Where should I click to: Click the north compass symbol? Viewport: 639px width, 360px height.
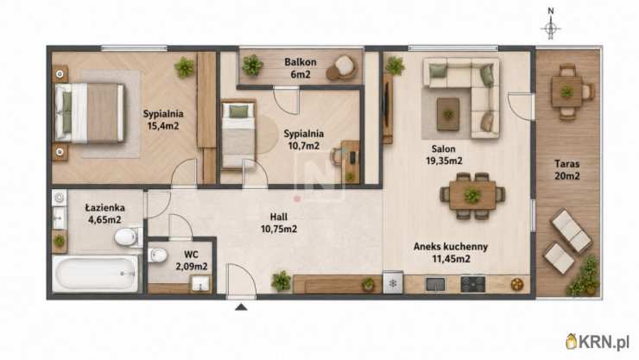pos(551,24)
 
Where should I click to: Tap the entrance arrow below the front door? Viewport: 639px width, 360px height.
pos(241,306)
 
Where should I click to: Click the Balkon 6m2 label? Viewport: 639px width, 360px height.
pos(301,68)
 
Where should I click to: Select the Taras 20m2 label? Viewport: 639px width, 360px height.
pos(566,170)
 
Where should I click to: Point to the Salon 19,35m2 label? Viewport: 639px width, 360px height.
pos(444,155)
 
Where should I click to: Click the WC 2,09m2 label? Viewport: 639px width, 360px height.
pos(191,261)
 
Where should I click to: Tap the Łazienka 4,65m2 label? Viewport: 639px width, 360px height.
pos(104,213)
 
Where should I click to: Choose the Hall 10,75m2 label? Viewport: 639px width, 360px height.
pos(279,223)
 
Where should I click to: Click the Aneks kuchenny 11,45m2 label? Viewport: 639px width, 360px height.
pos(451,252)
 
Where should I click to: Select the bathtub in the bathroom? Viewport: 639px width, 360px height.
pos(96,274)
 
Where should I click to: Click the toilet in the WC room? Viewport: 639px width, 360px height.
pos(158,256)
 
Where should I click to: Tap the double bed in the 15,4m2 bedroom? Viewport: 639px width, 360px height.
pos(89,113)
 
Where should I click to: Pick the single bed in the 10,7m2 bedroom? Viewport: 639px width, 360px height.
pos(239,136)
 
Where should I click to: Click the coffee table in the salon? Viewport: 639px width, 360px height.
pos(448,114)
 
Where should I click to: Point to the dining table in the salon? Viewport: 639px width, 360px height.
pos(472,196)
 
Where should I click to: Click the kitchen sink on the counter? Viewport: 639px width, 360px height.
pos(435,284)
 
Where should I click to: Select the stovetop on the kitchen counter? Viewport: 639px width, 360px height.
pos(472,284)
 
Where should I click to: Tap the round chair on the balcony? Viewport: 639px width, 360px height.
pos(342,68)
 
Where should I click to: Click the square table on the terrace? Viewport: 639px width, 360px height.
pos(566,92)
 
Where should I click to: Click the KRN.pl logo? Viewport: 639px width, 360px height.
pos(598,342)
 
